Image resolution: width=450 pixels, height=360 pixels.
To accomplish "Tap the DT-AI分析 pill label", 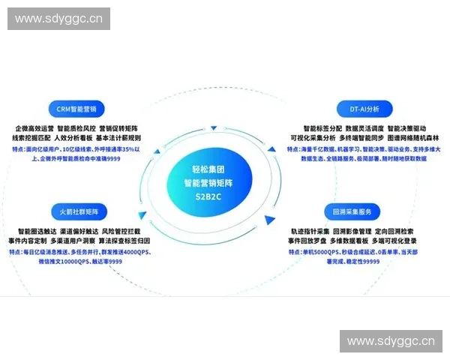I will pos(364,108).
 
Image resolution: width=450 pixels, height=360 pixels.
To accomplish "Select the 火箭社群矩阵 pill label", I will pos(79,210).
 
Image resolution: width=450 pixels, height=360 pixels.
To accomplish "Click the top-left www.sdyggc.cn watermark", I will pos(60,19).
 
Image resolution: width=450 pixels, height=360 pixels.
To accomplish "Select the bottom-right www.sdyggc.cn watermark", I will pos(390,341).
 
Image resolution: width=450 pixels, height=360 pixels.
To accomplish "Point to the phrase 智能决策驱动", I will pos(405,128).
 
